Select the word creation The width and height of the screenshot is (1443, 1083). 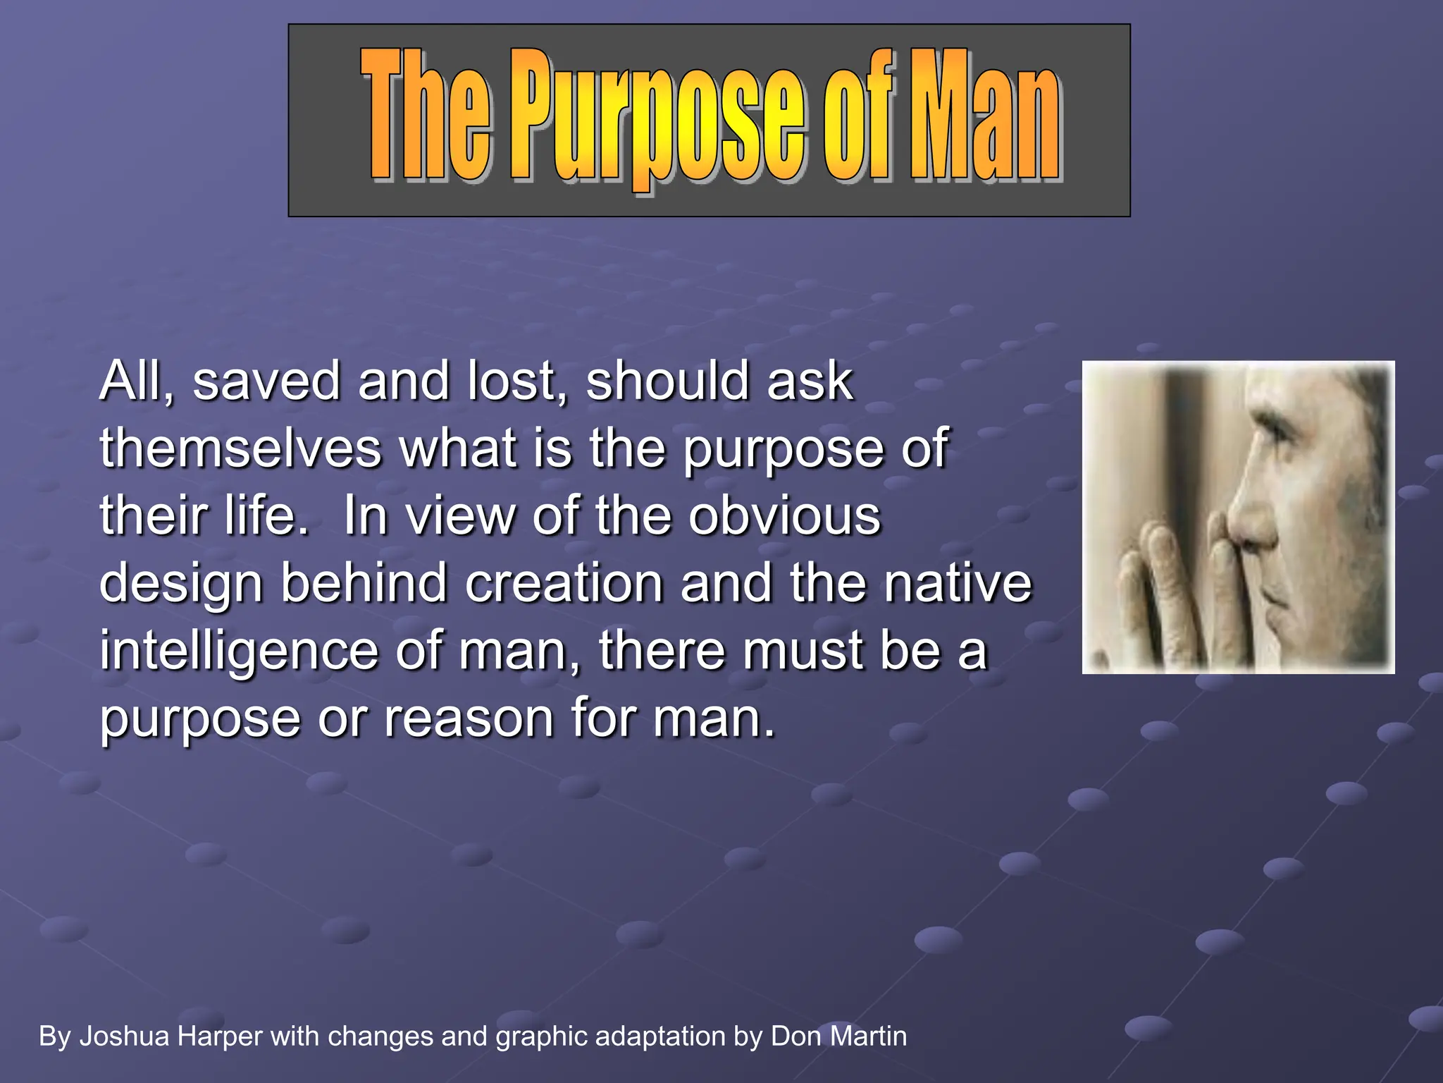(x=564, y=584)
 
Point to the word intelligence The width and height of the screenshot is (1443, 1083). (x=239, y=651)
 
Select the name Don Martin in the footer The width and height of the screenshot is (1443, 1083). (x=838, y=1036)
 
